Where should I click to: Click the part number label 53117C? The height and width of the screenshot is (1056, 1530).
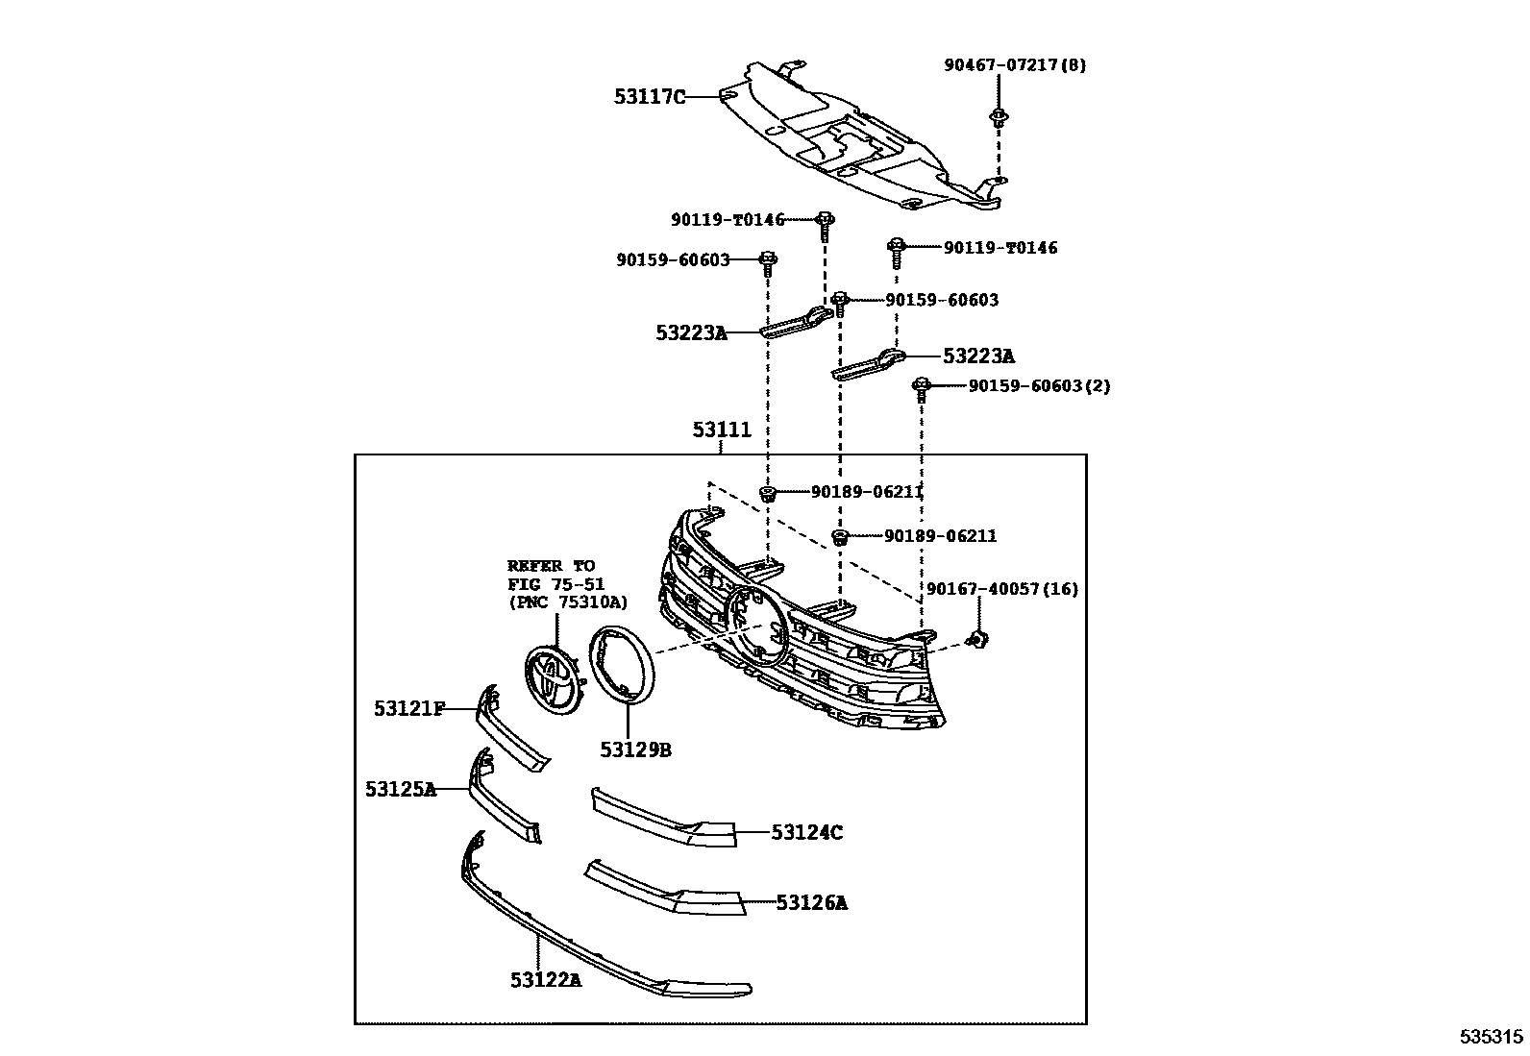(651, 96)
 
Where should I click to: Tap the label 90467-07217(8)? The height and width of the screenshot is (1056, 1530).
(1015, 65)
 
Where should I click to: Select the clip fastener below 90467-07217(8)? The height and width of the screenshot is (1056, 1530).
(999, 119)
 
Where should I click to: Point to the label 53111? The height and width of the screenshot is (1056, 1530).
(722, 430)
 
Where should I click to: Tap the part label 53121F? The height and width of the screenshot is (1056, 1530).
(409, 709)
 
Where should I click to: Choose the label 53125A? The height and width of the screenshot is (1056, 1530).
(401, 789)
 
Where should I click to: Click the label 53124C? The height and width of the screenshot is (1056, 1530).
(806, 832)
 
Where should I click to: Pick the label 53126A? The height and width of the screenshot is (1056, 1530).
(812, 902)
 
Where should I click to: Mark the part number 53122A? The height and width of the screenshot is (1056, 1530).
(546, 980)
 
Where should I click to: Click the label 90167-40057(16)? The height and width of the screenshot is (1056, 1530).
(1002, 589)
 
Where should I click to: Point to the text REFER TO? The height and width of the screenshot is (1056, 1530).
(551, 566)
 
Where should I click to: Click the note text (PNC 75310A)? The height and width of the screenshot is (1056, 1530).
(567, 602)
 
